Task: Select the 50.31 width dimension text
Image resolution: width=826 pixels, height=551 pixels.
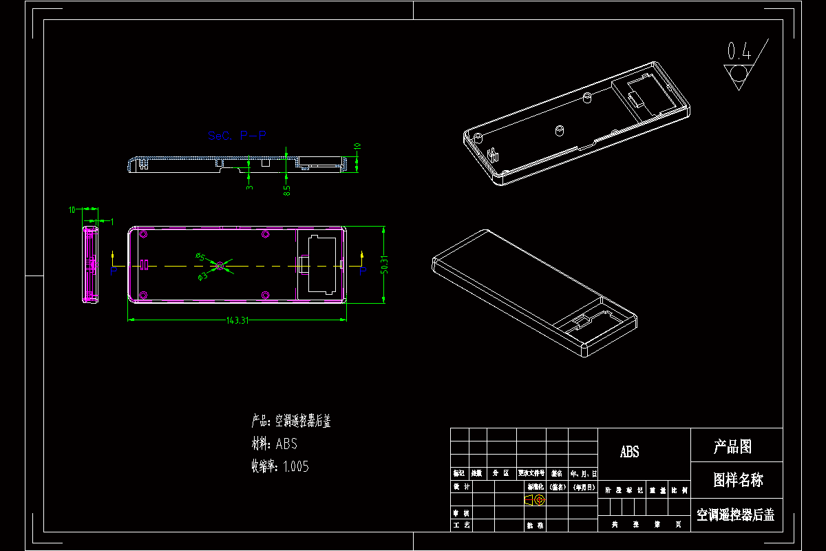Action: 385,264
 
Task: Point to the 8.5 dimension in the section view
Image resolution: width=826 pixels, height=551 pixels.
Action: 287,187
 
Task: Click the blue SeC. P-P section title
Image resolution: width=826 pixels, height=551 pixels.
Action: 237,136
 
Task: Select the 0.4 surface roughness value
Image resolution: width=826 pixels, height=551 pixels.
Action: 739,51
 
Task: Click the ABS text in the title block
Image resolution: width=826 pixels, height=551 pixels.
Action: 629,452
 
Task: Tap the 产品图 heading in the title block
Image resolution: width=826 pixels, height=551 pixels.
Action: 732,447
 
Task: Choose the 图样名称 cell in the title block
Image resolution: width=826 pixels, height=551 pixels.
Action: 737,480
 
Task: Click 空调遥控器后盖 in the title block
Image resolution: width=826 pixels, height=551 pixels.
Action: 735,514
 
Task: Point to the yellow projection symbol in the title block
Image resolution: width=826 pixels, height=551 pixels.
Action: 533,500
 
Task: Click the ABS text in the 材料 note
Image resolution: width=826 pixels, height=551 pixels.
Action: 286,444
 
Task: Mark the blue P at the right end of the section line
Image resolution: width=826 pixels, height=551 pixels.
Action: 363,271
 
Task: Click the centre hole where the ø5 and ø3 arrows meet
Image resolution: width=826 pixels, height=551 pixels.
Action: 220,265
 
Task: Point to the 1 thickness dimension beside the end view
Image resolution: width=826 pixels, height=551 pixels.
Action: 112,220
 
